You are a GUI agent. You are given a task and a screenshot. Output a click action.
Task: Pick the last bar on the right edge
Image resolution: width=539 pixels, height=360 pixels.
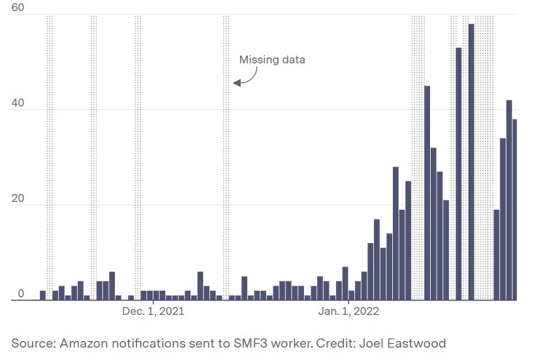pos(515,209)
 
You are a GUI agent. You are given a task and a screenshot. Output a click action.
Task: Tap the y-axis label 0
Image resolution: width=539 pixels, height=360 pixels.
pos(21,294)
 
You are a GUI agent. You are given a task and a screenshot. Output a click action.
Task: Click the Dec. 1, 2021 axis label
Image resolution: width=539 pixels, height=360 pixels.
pos(153,312)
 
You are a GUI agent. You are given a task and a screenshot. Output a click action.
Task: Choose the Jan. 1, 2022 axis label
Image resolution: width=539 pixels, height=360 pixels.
pos(349,312)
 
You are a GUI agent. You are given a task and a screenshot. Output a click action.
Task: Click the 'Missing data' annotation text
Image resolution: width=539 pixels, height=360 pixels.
pos(272,60)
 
